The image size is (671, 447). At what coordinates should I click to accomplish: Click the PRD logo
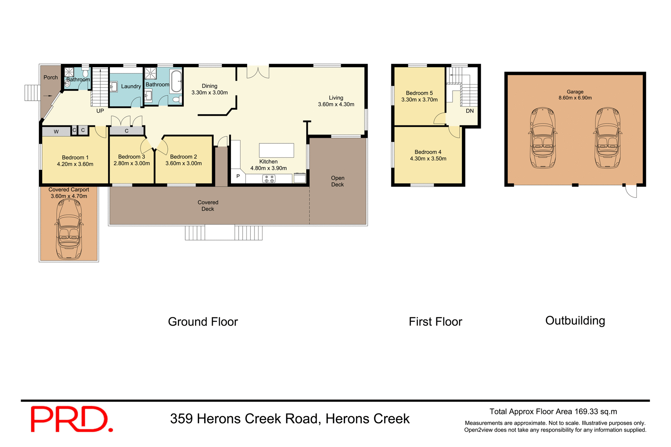click(72, 419)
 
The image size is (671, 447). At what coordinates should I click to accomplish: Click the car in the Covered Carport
click(69, 229)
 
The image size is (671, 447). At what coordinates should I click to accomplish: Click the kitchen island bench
click(276, 150)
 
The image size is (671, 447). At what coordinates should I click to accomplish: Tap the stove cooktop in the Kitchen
click(269, 179)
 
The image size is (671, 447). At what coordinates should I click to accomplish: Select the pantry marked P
click(238, 176)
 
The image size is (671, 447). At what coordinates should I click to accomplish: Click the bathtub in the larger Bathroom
click(176, 81)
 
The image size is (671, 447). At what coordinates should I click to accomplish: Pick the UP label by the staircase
click(100, 111)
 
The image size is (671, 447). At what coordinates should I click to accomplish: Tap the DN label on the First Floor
click(470, 111)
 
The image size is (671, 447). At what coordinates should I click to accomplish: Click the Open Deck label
click(338, 181)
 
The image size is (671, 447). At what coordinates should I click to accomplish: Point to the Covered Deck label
click(208, 206)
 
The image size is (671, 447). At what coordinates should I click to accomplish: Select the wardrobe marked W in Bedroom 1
click(56, 131)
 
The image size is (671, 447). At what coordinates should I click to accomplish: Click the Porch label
click(51, 77)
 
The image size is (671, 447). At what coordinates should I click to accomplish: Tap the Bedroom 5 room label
click(419, 93)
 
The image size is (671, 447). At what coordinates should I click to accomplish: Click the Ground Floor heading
click(203, 322)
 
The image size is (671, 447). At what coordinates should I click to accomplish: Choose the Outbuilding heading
click(575, 320)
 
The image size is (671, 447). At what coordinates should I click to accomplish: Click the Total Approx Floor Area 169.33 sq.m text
click(553, 411)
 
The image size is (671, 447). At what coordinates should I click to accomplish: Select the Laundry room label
click(131, 86)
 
